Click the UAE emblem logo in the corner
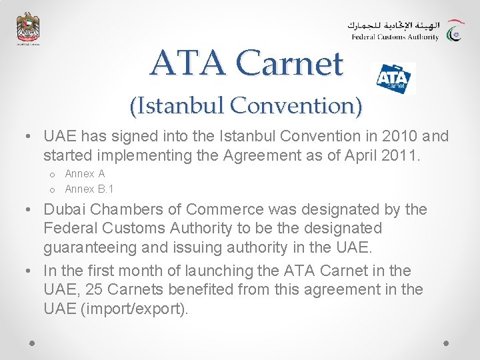pyautogui.click(x=28, y=29)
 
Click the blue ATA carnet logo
pyautogui.click(x=393, y=79)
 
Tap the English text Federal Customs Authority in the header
pyautogui.click(x=395, y=37)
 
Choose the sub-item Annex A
pyautogui.click(x=85, y=174)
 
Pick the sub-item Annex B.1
pyautogui.click(x=89, y=189)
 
